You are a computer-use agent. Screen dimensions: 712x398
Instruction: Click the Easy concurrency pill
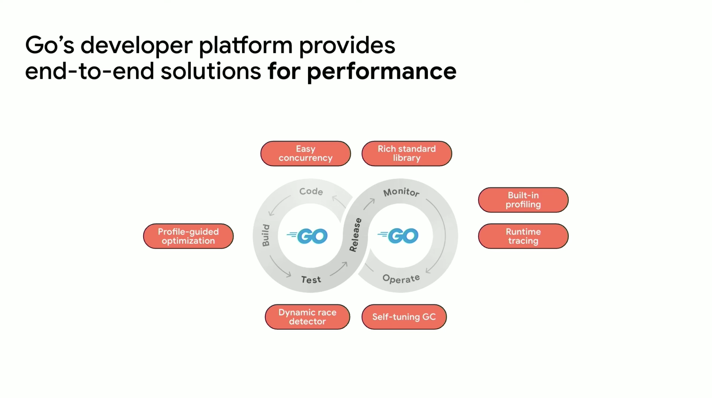coord(305,154)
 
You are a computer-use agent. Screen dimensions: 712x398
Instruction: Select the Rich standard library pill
coord(407,154)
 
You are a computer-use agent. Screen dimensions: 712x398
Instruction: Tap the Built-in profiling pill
coord(523,200)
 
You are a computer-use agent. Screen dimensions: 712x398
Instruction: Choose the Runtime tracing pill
coord(523,236)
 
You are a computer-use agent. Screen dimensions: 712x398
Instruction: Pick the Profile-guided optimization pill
coord(188,236)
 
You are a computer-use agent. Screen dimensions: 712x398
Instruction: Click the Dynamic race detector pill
coord(307,317)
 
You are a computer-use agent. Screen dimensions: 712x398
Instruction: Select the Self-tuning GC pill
coord(404,317)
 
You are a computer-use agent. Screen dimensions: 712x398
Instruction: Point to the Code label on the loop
coord(311,191)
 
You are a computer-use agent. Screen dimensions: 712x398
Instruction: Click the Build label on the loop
coord(266,235)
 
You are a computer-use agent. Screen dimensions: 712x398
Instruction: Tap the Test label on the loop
coord(311,280)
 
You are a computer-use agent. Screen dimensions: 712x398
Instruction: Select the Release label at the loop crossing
coord(355,235)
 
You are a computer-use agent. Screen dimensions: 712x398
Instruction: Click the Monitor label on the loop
coord(401,192)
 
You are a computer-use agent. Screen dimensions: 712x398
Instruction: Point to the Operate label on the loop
coord(401,279)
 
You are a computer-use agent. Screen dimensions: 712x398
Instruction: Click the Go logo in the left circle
coord(307,236)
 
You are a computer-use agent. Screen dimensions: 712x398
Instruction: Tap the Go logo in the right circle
coord(398,236)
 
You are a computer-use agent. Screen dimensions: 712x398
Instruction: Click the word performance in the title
coord(381,72)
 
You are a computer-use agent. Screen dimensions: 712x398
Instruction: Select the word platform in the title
coord(246,46)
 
